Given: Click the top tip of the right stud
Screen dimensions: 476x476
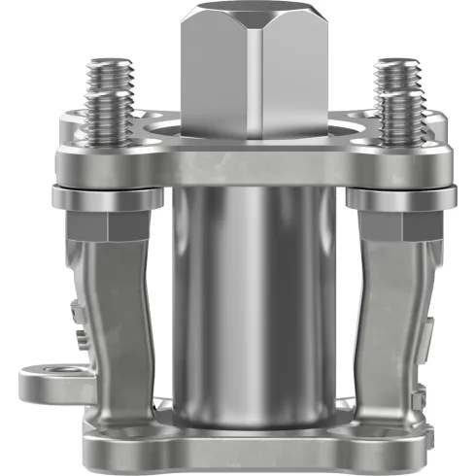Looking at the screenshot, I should click(x=395, y=64).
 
